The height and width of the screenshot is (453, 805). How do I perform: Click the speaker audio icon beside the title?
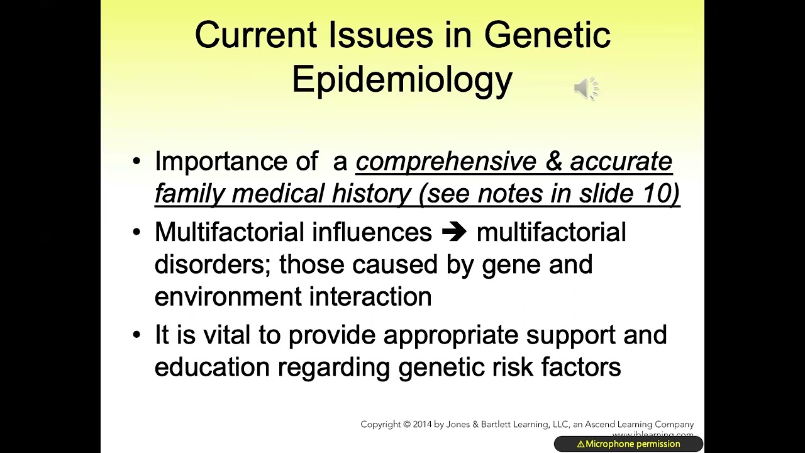tap(586, 89)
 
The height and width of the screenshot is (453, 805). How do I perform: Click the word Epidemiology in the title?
tap(402, 80)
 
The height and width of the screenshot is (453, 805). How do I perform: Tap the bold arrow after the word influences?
tap(454, 232)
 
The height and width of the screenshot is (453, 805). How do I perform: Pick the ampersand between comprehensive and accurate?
tap(553, 162)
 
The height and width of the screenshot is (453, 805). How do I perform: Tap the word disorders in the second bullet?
tap(211, 264)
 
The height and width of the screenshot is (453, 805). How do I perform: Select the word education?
tap(211, 367)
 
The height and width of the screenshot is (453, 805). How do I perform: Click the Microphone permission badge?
tap(628, 444)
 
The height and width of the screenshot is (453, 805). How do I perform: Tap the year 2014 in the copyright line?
tap(422, 425)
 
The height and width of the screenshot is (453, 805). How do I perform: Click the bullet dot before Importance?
tap(137, 162)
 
